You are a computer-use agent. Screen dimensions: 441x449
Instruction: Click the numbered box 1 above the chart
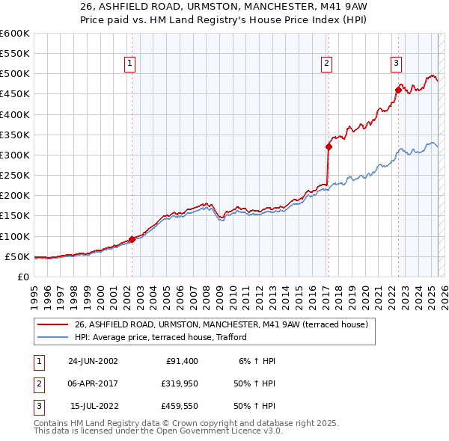[130, 64]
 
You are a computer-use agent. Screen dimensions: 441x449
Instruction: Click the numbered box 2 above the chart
[327, 64]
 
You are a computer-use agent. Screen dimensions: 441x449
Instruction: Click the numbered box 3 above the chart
[396, 64]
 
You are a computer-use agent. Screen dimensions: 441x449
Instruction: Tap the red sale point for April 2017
[329, 147]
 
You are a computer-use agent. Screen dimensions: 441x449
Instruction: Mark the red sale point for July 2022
[398, 90]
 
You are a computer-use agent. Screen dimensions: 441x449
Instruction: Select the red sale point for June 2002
[132, 240]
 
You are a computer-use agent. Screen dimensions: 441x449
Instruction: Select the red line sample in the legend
[52, 325]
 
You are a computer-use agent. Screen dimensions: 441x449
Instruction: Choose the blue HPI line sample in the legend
[52, 337]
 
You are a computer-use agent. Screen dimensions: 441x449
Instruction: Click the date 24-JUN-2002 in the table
[94, 361]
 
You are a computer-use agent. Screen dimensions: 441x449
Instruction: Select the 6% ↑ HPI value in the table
[257, 361]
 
